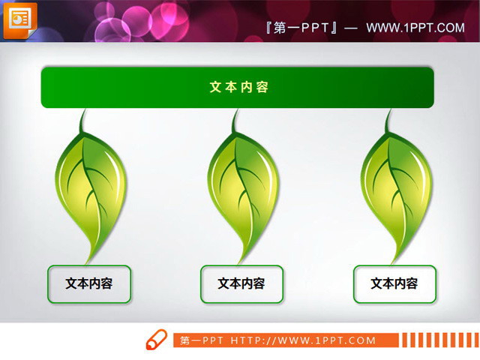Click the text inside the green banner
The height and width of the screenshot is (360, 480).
tap(238, 87)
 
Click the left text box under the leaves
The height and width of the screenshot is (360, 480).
tap(89, 283)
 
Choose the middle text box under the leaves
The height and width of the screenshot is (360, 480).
tap(241, 283)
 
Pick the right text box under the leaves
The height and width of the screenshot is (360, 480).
tap(394, 283)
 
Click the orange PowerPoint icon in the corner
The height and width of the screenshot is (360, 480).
tap(19, 19)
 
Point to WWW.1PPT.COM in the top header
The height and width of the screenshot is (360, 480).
tap(415, 28)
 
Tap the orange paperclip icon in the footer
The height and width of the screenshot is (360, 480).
tap(156, 339)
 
